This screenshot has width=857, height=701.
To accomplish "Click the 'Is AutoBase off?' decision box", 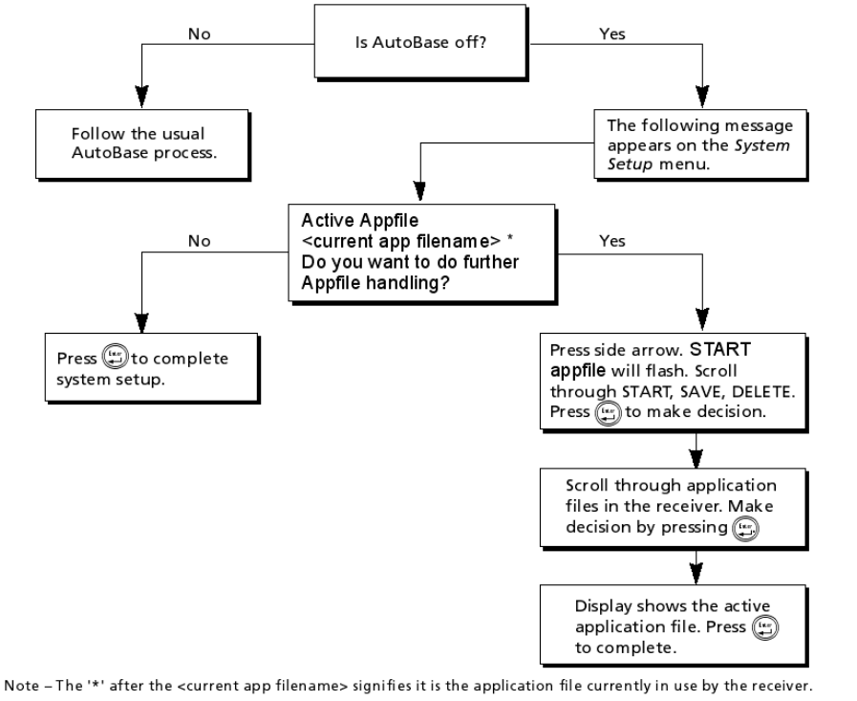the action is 419,41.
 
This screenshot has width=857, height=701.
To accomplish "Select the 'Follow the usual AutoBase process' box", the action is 142,143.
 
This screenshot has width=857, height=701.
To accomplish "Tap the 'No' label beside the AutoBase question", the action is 200,33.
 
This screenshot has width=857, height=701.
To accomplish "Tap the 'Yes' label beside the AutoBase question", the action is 612,33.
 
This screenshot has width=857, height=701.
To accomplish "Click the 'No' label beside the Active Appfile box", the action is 200,241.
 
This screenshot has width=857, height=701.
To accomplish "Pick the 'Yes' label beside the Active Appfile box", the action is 612,241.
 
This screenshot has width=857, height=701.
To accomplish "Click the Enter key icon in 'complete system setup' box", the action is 116,357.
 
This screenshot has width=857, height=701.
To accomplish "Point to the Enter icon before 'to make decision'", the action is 609,413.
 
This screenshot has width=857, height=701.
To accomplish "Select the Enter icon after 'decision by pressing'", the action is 745,529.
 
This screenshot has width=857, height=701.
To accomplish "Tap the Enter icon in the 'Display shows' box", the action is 765,627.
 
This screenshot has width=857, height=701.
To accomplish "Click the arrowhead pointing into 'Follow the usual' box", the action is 142,97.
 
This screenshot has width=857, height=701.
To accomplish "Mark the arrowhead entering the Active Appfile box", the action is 419,191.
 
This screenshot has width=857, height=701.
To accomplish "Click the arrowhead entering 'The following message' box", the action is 702,97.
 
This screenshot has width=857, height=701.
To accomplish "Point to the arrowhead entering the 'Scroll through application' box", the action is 696,459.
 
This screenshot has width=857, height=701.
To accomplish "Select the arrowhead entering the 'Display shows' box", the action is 696,574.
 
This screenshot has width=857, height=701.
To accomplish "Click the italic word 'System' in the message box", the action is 761,145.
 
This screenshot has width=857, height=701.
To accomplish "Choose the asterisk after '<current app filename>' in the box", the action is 510,238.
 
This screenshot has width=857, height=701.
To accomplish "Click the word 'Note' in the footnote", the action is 22,686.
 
